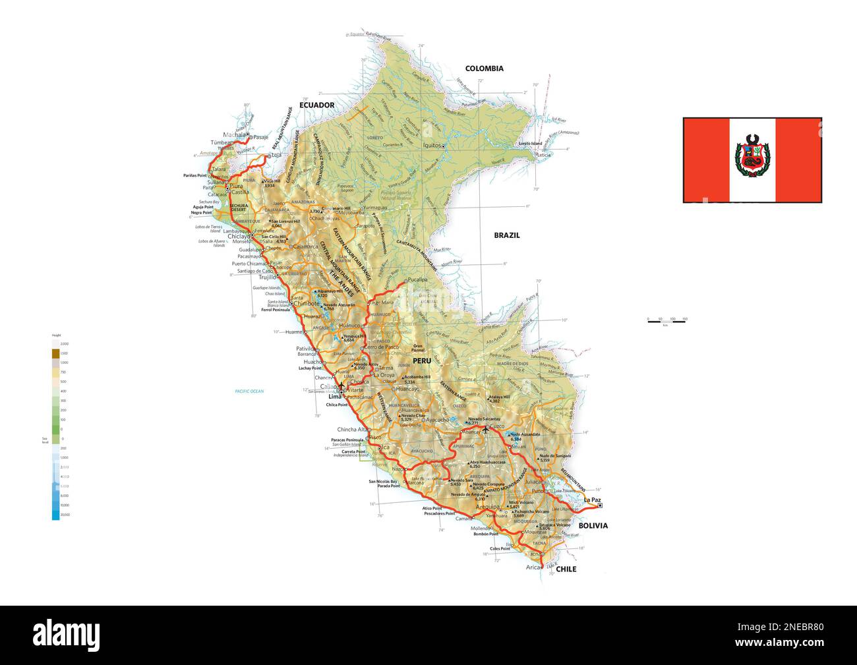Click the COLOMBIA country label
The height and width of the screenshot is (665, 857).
484,69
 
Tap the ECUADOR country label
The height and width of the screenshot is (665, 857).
316,105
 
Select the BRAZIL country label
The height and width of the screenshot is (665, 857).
507,235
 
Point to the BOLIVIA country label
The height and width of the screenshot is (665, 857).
593,526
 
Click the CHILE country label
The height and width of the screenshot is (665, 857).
566,569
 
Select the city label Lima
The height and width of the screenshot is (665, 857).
335,397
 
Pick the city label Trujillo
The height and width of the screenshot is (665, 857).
251,277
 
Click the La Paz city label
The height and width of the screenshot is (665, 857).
592,500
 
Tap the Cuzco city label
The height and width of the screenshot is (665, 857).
497,427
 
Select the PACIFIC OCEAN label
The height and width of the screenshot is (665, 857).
249,391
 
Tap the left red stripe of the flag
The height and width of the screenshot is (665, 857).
706,160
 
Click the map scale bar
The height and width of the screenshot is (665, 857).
666,320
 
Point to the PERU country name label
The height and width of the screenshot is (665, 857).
421,361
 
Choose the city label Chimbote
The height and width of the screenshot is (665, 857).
307,304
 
